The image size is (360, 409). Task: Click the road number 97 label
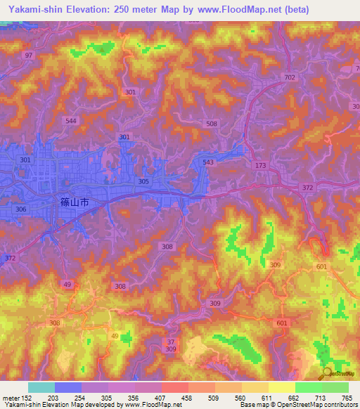pos(28,55)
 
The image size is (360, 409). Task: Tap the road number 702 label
pos(290,78)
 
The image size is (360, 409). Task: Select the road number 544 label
pos(70,121)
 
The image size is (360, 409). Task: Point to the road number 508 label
pos(212,124)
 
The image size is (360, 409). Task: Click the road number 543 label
pos(207,162)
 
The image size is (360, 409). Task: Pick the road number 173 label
pos(262,166)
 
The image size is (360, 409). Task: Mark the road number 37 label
pos(170,342)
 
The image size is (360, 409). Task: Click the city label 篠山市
pos(73,202)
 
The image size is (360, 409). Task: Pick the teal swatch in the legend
pos(41,387)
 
